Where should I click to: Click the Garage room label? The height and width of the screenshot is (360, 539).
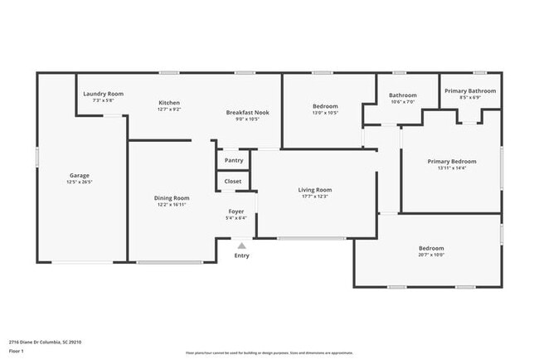80,175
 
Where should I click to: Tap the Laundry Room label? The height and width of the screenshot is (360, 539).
104,94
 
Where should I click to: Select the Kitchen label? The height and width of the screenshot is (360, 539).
170,103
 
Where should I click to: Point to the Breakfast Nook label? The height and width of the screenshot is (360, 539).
247,112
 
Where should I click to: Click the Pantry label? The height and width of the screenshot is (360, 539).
234,160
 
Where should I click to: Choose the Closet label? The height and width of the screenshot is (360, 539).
233,181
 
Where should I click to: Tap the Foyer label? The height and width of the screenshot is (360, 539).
236,212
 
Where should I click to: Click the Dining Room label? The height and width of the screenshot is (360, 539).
172,197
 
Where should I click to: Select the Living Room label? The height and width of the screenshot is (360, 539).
315,190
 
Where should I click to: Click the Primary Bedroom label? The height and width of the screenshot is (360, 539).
452,161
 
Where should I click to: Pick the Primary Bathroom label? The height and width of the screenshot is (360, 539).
470,90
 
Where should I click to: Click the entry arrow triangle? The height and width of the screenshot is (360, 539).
241,246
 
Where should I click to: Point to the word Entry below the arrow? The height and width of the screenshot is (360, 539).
241,255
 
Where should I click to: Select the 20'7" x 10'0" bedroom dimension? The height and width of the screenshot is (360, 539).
430,255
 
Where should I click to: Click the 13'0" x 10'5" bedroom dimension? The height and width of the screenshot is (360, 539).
325,113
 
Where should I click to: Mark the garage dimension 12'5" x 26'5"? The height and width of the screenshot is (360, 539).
80,182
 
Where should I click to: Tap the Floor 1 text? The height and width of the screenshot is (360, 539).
17,351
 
